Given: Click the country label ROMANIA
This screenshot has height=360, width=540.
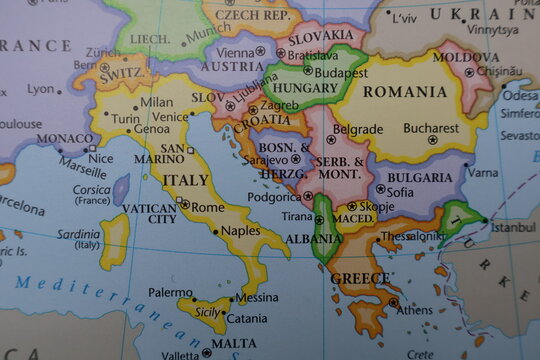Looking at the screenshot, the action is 405,92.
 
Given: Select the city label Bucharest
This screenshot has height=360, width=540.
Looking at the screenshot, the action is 431,128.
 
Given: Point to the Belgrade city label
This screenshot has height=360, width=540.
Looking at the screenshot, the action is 357,129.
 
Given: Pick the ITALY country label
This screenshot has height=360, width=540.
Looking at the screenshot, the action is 186,181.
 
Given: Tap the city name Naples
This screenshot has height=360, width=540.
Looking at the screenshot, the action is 240,230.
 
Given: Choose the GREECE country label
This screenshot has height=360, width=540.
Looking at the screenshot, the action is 360,278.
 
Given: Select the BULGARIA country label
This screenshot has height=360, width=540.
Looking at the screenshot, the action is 419,177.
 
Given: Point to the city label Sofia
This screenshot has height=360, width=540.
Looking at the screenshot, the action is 400,192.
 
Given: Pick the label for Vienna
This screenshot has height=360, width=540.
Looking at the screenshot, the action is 235,51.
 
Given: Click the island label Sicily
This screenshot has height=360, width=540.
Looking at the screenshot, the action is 206,312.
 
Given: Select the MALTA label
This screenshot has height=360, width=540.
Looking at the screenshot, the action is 233,343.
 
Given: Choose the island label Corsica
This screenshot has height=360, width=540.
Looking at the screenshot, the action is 91,189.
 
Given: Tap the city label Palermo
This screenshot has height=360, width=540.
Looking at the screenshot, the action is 170,293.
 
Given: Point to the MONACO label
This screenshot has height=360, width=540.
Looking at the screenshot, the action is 66,139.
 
